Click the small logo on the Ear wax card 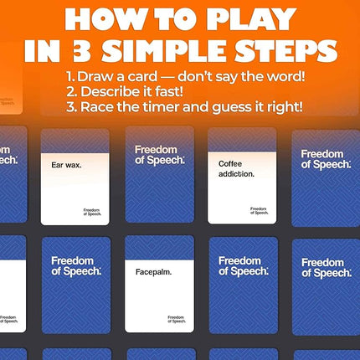click(x=93, y=212)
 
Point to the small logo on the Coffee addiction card click(x=259, y=211)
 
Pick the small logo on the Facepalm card click(x=176, y=319)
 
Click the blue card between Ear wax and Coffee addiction click(x=158, y=176)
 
